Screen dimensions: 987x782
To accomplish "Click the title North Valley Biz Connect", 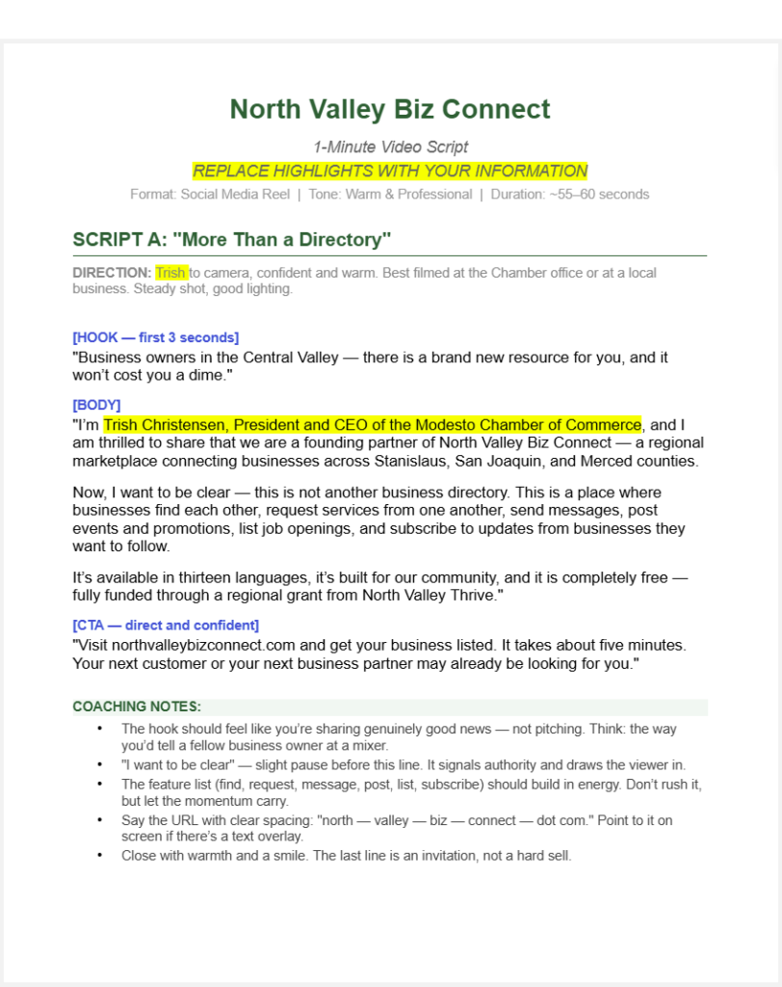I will [390, 109].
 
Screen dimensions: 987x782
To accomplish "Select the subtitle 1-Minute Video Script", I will [390, 147].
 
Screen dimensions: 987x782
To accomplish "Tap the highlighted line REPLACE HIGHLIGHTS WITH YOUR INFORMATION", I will [390, 172].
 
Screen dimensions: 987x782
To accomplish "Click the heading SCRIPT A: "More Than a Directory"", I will [232, 239].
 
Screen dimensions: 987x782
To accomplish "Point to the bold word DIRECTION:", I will [112, 273].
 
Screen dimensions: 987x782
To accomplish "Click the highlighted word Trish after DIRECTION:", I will [171, 273].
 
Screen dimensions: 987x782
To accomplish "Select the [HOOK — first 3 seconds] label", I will [155, 337].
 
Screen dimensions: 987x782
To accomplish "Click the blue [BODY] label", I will [96, 405].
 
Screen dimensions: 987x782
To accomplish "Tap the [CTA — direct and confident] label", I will [166, 625].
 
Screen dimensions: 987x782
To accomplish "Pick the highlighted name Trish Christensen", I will [164, 425].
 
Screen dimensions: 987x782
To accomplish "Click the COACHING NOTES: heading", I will [137, 707].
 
